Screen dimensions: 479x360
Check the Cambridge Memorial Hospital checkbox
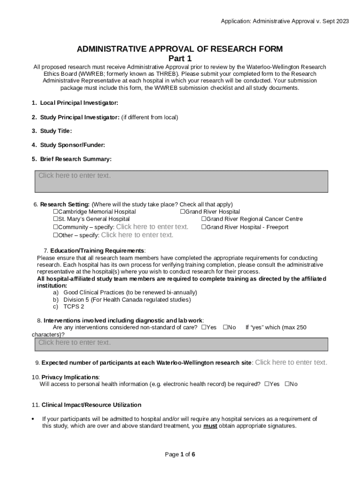[x=55, y=212]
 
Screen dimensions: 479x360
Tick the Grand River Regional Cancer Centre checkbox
[x=204, y=219]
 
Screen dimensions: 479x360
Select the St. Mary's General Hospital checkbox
[x=55, y=219]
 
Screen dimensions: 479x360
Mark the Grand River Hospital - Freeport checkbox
[x=204, y=227]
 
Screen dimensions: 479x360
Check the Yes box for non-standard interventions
[x=204, y=327]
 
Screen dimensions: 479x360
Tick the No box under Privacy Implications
[x=287, y=384]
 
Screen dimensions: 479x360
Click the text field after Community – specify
[x=152, y=227]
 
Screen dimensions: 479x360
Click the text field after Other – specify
[x=137, y=235]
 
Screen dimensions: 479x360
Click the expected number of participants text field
[x=291, y=363]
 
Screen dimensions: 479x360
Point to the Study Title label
[x=56, y=131]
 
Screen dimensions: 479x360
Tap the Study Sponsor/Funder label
[x=72, y=145]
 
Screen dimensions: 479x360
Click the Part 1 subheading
[x=180, y=58]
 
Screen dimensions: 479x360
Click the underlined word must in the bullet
[x=210, y=426]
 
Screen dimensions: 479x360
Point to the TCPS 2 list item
[x=74, y=307]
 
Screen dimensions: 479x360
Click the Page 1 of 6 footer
[x=180, y=454]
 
